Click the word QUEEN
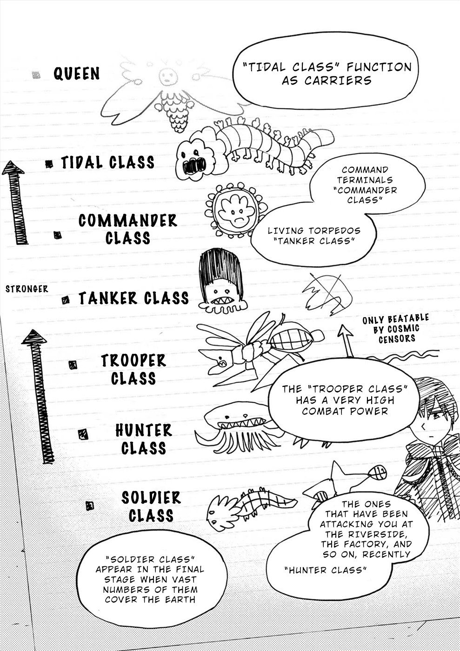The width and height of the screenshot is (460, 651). pos(76,73)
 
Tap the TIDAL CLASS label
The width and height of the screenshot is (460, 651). pos(107,162)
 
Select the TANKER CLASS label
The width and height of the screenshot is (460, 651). pos(133,299)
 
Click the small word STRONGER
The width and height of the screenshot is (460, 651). pos(27,289)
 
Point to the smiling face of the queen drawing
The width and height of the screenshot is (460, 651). pos(168,77)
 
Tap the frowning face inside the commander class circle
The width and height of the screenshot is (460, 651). pos(236,212)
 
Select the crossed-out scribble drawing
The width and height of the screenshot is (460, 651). pos(327,293)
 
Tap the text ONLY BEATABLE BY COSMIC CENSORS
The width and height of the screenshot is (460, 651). pos(396,329)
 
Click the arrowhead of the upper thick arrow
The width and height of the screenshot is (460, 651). pos(13,168)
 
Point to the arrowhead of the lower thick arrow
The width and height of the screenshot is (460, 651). pos(34,337)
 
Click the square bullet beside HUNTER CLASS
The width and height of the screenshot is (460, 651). pos(83,434)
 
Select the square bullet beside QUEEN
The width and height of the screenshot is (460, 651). pos(36,75)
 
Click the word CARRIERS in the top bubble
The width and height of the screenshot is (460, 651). pos(338,81)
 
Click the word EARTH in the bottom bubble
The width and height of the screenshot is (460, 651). pos(180,599)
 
